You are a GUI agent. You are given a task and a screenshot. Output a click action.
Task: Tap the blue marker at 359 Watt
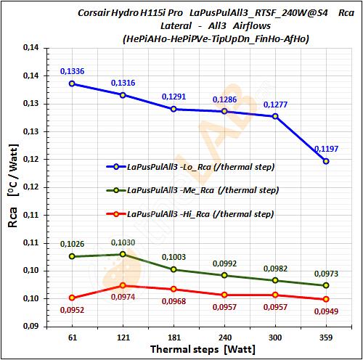[326, 161]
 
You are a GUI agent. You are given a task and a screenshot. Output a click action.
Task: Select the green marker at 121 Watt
[123, 254]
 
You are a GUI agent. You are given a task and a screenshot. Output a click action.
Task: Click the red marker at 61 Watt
[72, 298]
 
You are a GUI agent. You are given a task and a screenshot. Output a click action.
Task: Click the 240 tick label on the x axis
[224, 338]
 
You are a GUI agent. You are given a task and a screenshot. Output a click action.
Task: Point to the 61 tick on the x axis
[72, 338]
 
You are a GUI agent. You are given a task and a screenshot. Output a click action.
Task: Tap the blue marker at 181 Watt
[174, 109]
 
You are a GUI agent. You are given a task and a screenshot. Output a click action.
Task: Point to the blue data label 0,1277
[275, 105]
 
